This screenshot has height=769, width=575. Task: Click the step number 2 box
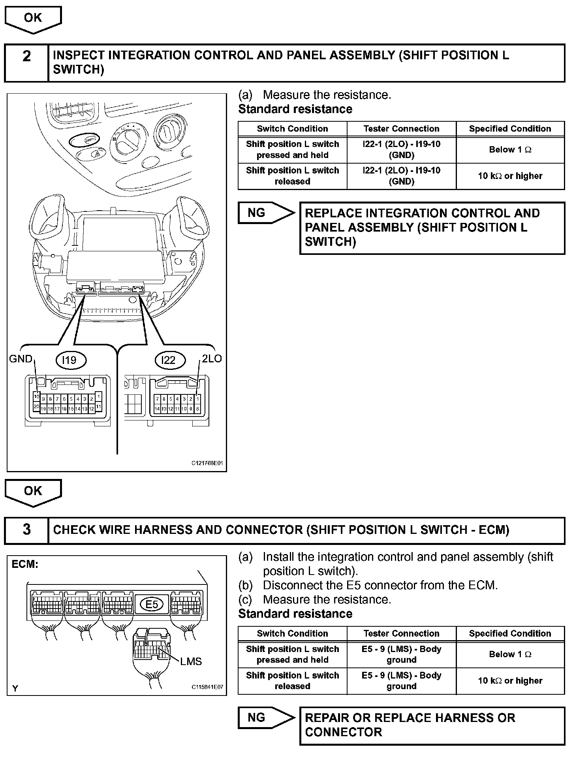[x=26, y=57]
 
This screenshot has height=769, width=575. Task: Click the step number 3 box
[x=26, y=530]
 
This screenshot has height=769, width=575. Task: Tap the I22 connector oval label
[x=168, y=360]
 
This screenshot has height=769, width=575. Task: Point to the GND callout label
[x=21, y=359]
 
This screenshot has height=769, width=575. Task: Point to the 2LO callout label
[x=212, y=358]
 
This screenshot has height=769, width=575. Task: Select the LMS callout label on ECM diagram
[x=191, y=661]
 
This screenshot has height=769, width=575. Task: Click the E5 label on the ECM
[x=152, y=604]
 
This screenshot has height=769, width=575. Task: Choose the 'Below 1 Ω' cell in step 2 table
[x=510, y=150]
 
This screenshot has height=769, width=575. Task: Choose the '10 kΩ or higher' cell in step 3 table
[x=510, y=680]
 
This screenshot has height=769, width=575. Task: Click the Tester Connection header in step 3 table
[x=401, y=633]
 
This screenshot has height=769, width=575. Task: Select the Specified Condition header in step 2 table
[x=510, y=128]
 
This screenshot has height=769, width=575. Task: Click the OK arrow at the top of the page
[x=33, y=19]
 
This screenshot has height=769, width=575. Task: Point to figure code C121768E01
[x=207, y=463]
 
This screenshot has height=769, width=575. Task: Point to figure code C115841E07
[x=207, y=687]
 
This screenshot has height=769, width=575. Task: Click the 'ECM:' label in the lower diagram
[x=24, y=564]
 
